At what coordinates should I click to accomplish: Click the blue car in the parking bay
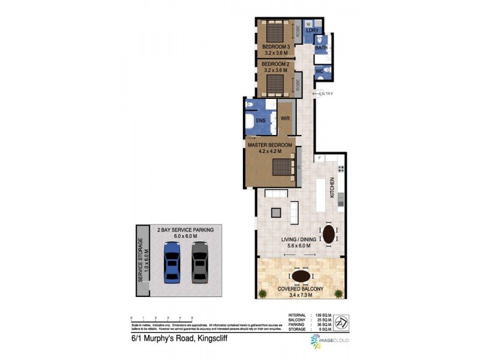click(172, 262)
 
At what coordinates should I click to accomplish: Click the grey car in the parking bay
click(200, 262)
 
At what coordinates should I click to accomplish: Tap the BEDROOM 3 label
click(276, 47)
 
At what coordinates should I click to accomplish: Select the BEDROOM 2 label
click(276, 64)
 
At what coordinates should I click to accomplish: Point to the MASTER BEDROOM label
click(269, 145)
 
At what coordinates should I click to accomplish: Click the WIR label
click(286, 118)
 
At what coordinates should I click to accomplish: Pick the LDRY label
click(312, 31)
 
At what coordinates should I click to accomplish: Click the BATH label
click(322, 48)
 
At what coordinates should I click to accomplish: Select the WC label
click(320, 71)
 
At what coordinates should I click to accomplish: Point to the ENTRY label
click(326, 93)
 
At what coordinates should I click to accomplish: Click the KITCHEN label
click(331, 190)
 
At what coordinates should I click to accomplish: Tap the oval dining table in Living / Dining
click(329, 234)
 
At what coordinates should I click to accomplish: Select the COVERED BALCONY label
click(300, 289)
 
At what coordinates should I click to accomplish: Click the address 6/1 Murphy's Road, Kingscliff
click(179, 338)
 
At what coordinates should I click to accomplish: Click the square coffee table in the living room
click(275, 212)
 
